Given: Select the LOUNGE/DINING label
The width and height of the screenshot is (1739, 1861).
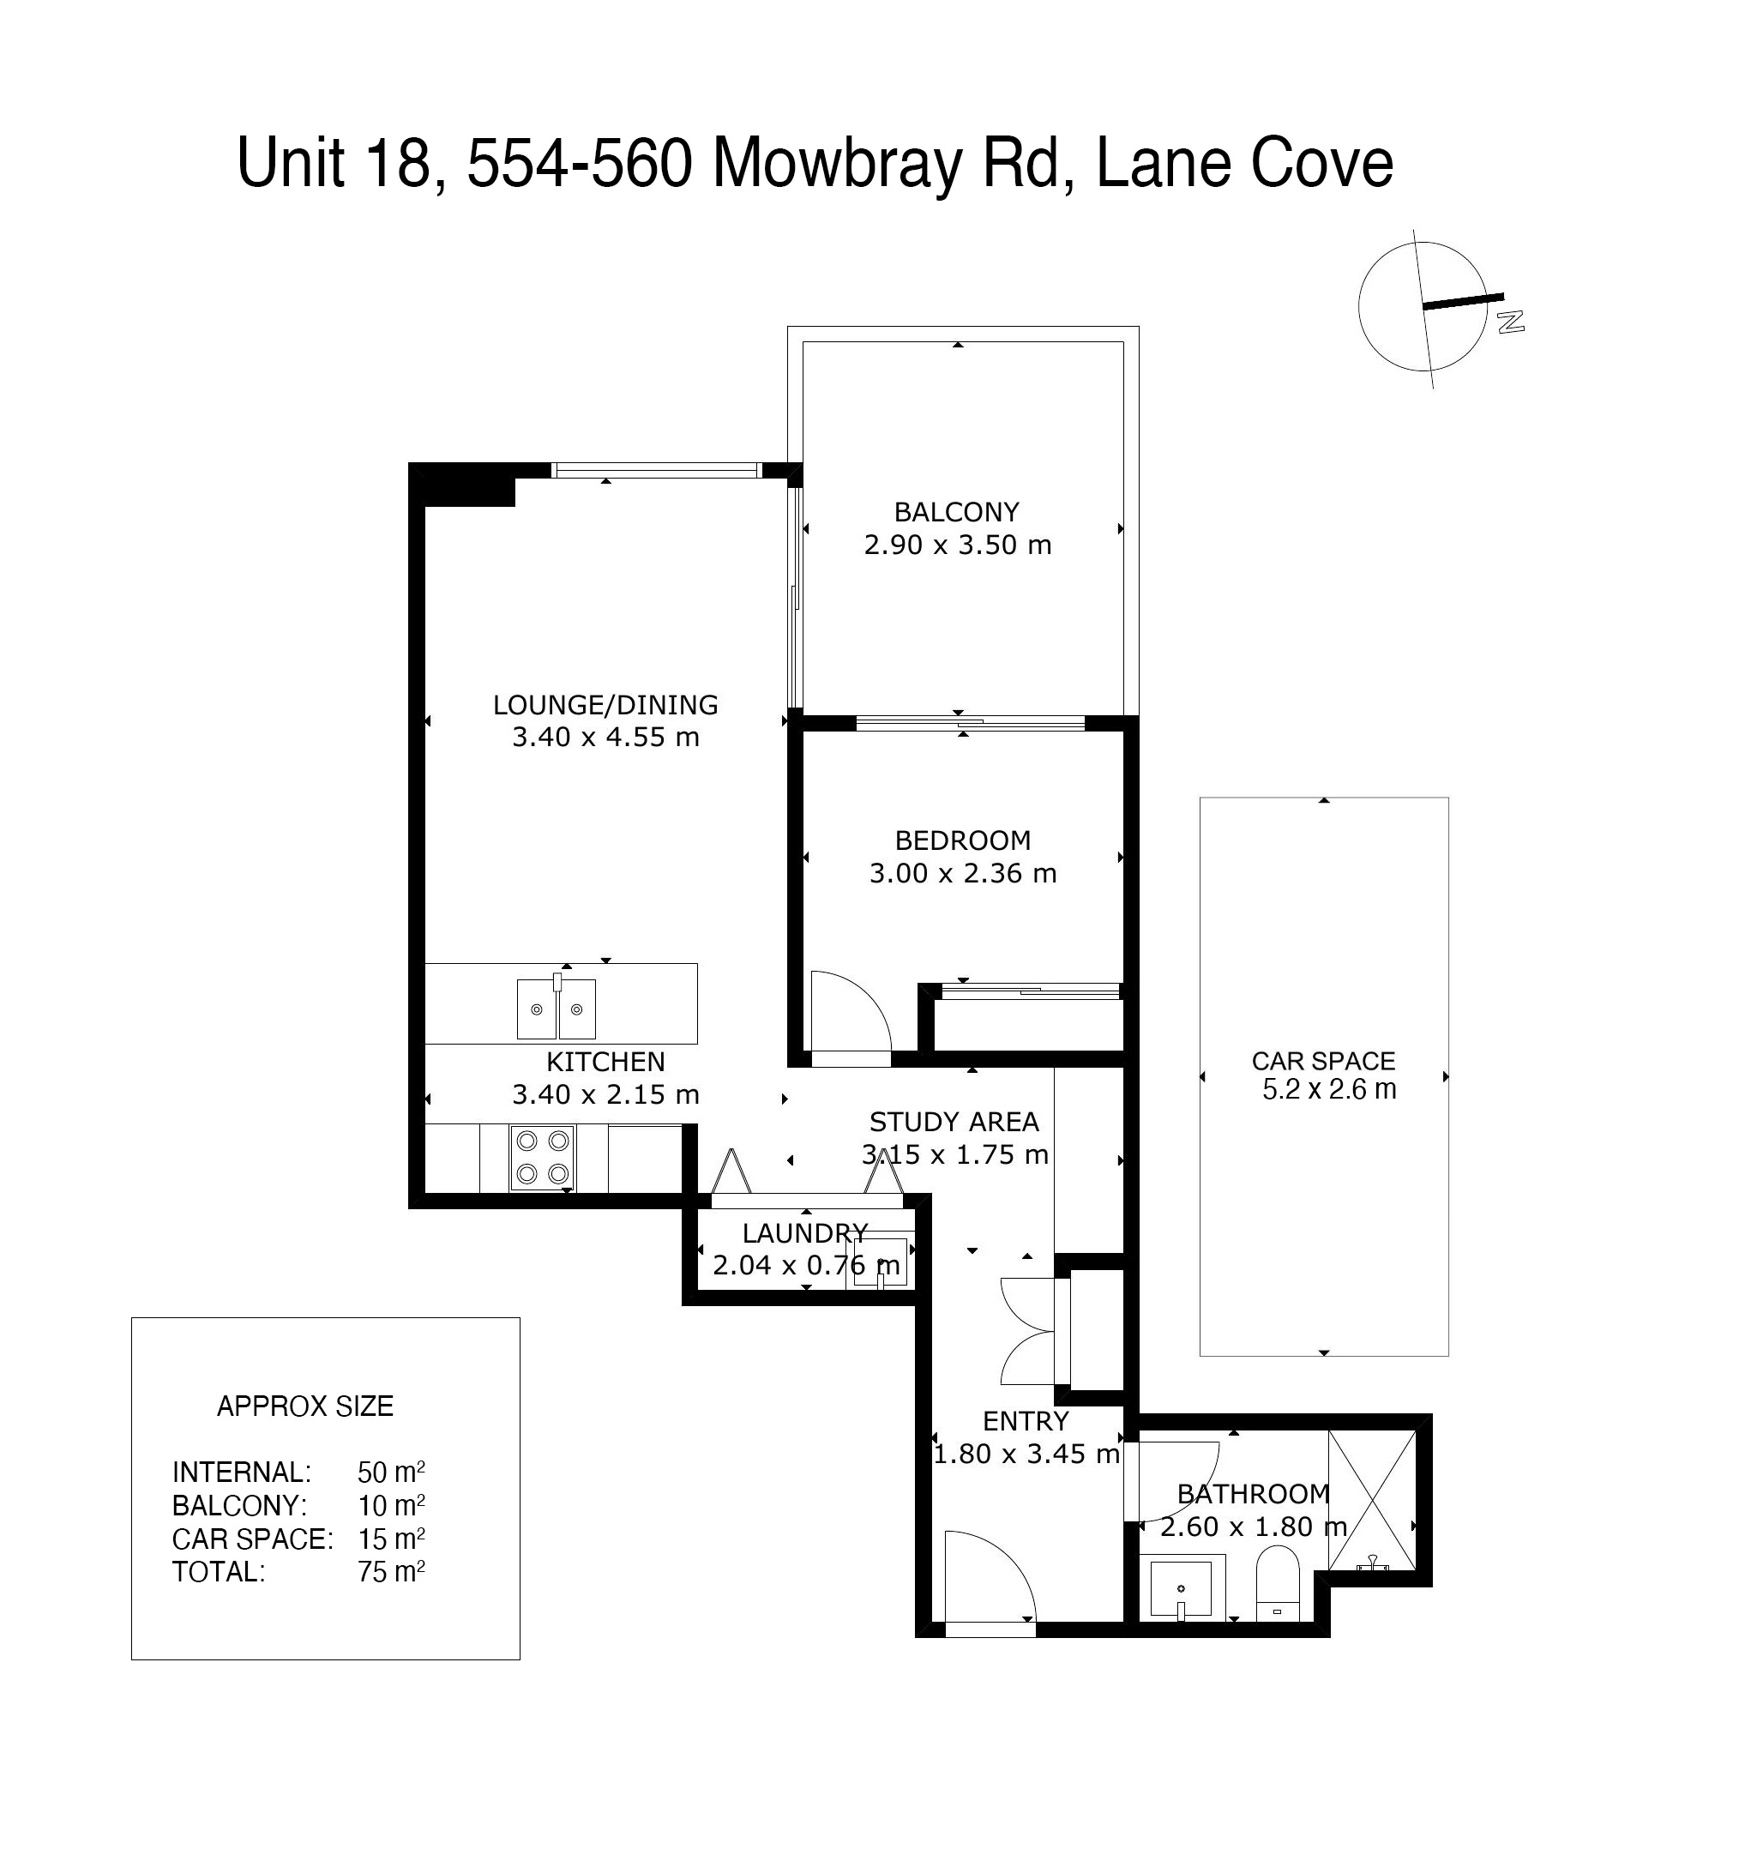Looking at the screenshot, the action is [605, 705].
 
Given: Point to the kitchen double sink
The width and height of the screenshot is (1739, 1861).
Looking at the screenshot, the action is [556, 1009].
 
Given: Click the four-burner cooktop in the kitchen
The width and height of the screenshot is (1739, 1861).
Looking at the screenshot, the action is [543, 1157].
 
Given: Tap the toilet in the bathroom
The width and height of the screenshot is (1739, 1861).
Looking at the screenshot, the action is [1277, 1582].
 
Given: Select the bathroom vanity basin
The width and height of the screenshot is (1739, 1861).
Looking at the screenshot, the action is [1181, 1588].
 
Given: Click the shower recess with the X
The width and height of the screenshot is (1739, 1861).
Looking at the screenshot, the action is [1372, 1501].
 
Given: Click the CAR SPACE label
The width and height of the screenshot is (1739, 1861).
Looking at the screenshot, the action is [1322, 1061].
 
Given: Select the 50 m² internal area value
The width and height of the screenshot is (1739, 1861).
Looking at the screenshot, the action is [391, 1472].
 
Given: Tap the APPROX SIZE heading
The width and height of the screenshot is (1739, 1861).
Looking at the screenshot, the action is [305, 1406].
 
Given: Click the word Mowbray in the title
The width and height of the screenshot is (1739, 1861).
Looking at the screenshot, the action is [837, 164].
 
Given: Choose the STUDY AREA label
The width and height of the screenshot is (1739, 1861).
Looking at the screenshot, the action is [954, 1122].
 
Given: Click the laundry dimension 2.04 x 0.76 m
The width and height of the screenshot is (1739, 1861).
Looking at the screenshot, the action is [806, 1266].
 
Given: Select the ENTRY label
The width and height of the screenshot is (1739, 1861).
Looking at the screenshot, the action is [1025, 1421].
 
